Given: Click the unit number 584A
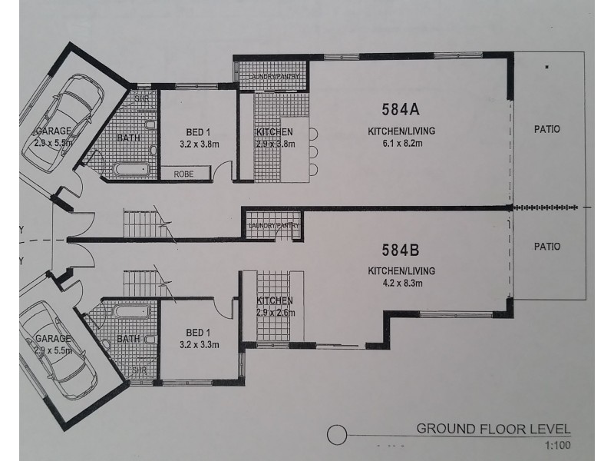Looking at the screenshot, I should click(x=401, y=107).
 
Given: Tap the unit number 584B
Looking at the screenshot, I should click(x=401, y=250).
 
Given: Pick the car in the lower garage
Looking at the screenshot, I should click(x=60, y=350).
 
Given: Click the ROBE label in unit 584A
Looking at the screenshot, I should click(x=184, y=174).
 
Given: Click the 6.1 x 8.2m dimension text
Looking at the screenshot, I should click(x=401, y=144).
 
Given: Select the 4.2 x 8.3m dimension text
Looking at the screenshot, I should click(x=401, y=283).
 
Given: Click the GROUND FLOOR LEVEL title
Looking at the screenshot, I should click(x=494, y=429).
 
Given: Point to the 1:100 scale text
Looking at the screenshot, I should click(x=558, y=445).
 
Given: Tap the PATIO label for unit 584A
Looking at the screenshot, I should click(x=547, y=130).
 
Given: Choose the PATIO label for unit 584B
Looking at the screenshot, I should click(x=547, y=247).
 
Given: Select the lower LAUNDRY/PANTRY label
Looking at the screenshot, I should click(x=274, y=225).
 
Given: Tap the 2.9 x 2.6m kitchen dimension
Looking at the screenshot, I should click(x=275, y=312).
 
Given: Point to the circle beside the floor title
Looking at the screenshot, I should click(x=335, y=436).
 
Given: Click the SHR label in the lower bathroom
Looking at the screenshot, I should click(x=140, y=370).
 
